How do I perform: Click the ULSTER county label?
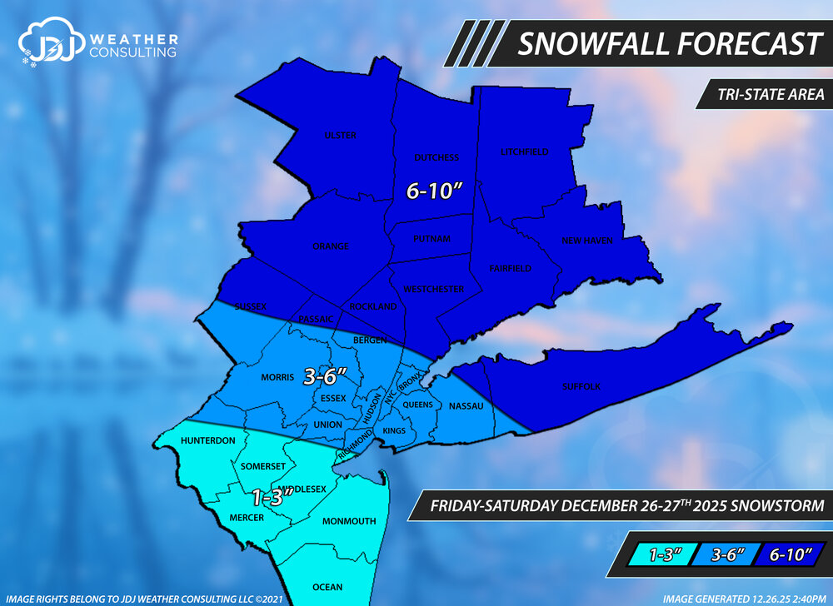point(341,136)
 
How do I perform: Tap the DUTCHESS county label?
point(436,157)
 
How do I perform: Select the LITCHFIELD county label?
point(525,152)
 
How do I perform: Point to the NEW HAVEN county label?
point(587,241)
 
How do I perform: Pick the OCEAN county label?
point(327,587)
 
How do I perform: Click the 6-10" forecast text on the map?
point(434,191)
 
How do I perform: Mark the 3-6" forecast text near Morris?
point(325,376)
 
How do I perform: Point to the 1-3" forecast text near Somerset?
point(272,498)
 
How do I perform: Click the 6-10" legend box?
point(788,552)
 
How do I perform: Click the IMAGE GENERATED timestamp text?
point(744,598)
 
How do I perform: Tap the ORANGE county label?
point(331,246)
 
